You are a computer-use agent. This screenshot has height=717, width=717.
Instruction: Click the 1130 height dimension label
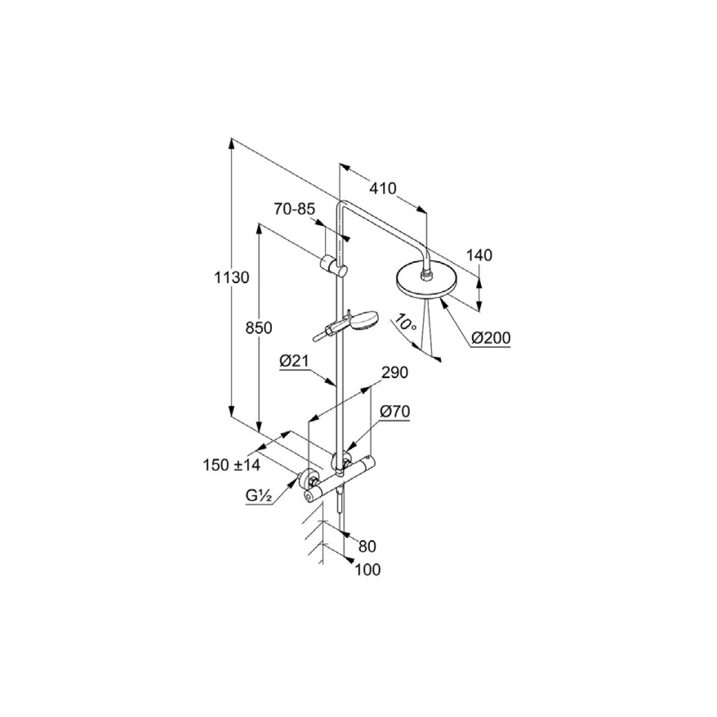(x=231, y=278)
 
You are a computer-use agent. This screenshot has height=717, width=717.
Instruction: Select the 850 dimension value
(x=259, y=328)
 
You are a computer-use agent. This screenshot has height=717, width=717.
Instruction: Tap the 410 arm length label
(x=383, y=189)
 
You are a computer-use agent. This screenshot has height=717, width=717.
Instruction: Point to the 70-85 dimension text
(x=295, y=209)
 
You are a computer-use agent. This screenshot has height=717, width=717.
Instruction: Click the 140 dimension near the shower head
(x=479, y=255)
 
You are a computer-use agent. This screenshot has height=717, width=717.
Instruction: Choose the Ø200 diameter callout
(x=491, y=338)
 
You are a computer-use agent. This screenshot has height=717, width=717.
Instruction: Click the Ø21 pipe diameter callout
(x=294, y=361)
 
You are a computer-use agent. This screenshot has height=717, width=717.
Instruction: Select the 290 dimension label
(x=395, y=372)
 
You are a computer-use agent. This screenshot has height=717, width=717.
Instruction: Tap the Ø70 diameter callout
(x=395, y=411)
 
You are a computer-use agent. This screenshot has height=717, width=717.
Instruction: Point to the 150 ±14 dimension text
(x=231, y=465)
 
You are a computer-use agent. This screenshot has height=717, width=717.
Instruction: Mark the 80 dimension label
(x=367, y=546)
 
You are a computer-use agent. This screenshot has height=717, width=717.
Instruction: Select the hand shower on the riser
(x=346, y=325)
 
